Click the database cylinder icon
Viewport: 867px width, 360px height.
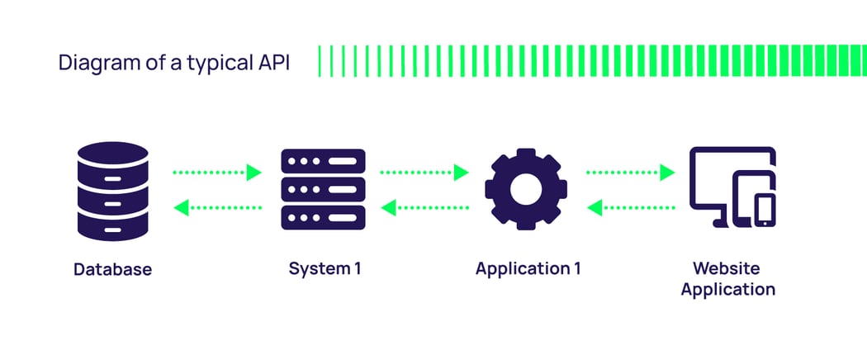113,190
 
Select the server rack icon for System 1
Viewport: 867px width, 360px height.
323,189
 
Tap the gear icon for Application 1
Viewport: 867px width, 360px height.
525,189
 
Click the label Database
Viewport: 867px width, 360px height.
113,269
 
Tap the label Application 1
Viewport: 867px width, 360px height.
528,269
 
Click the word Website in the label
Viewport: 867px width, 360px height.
727,268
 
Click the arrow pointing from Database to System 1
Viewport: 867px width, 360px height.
217,173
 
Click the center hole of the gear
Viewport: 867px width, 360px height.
525,189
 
